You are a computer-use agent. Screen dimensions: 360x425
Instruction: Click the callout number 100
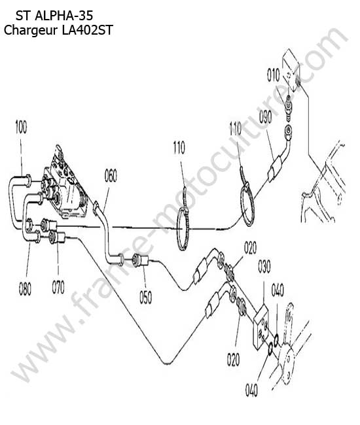point(21,127)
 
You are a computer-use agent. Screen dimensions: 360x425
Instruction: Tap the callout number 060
point(111,176)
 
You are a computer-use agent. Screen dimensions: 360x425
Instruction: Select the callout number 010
point(274,75)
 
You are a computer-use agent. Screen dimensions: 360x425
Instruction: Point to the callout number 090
point(265,117)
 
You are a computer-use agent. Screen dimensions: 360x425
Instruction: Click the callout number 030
point(264,266)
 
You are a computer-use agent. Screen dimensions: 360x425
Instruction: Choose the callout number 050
point(146,297)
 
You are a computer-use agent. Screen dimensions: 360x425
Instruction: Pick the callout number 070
point(58,287)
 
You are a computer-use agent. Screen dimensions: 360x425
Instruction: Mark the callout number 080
point(25,288)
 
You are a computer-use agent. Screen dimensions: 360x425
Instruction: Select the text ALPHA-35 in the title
point(64,16)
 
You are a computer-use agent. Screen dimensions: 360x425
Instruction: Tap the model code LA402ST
point(87,30)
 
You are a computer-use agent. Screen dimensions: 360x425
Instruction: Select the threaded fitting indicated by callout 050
point(139,260)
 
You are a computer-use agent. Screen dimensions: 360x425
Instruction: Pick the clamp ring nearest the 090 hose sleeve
point(247,201)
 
